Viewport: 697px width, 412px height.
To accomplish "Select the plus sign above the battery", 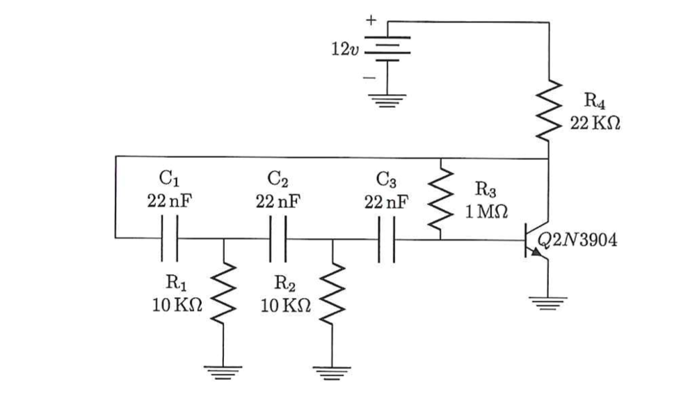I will tap(371, 20).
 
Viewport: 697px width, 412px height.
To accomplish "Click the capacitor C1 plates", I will tap(170, 239).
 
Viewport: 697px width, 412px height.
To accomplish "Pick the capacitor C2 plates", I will tap(278, 239).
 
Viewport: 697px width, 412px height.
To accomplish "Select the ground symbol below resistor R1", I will tap(224, 370).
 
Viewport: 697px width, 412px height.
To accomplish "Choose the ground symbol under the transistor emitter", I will tap(549, 301).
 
